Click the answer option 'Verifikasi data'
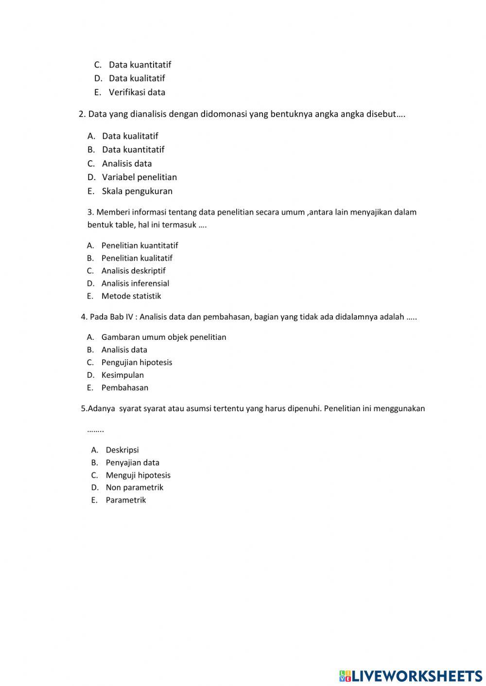click(137, 92)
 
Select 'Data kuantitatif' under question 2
click(133, 150)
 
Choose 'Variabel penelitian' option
click(139, 177)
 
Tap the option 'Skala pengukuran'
click(137, 191)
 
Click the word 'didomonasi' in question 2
click(224, 114)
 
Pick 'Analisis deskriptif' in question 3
click(133, 271)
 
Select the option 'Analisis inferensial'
click(135, 284)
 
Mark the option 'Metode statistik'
click(131, 296)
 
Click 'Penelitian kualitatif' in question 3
click(137, 258)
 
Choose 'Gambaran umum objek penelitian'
click(163, 337)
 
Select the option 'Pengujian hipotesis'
click(137, 363)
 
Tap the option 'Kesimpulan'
click(122, 375)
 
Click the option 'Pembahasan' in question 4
click(124, 388)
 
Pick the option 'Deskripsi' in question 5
click(122, 450)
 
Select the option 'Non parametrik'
click(134, 487)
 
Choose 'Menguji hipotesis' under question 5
click(138, 475)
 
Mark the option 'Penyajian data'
click(132, 463)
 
